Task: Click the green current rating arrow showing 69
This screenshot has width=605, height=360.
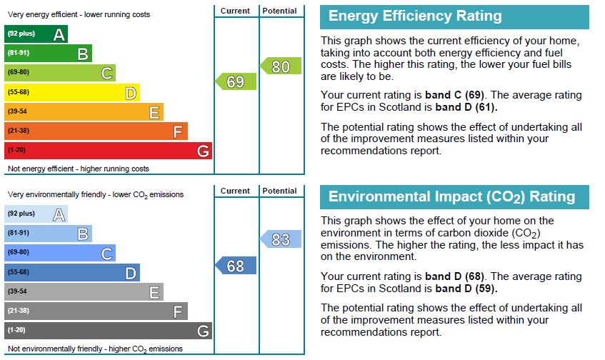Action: click(x=236, y=81)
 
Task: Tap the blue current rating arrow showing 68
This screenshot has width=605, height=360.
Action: click(x=236, y=266)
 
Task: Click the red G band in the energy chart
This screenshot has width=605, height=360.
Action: click(x=109, y=151)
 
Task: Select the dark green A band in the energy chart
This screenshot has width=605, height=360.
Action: click(x=36, y=34)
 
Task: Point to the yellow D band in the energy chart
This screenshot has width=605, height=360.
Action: click(x=72, y=93)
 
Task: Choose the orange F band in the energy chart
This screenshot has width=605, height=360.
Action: click(x=96, y=131)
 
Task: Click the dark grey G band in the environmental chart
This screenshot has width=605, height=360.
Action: click(x=109, y=331)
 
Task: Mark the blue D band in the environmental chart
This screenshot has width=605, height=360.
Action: click(x=72, y=272)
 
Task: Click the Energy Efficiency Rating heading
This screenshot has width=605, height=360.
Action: click(x=415, y=16)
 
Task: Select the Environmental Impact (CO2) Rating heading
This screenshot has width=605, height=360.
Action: click(x=451, y=196)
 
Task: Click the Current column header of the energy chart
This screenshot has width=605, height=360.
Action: click(x=235, y=11)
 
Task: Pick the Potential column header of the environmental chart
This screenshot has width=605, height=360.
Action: click(x=279, y=191)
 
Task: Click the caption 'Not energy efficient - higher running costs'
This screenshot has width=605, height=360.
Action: click(x=79, y=169)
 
